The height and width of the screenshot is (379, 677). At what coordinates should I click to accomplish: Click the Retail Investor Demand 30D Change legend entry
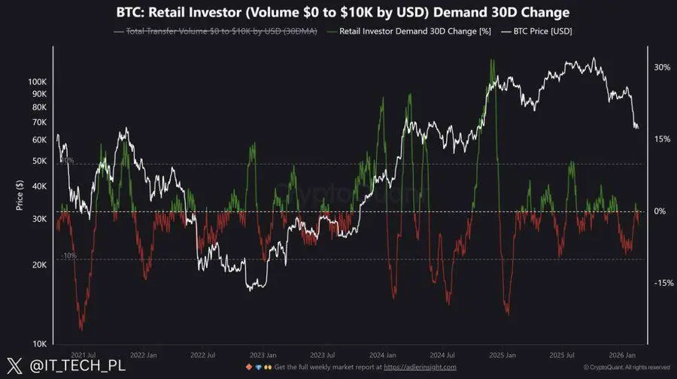(403, 31)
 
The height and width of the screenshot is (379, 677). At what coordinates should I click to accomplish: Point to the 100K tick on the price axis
(36, 80)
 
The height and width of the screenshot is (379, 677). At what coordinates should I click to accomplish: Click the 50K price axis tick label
(38, 161)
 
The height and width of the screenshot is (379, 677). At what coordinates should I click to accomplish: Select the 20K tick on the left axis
(38, 265)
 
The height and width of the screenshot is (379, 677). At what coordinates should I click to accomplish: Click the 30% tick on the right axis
(662, 67)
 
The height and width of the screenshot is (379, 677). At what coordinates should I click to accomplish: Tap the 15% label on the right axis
(662, 139)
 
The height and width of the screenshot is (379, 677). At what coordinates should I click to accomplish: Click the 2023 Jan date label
(263, 354)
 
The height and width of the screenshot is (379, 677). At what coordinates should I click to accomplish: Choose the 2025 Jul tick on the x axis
(561, 354)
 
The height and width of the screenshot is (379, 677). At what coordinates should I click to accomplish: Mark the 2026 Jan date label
(621, 354)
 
